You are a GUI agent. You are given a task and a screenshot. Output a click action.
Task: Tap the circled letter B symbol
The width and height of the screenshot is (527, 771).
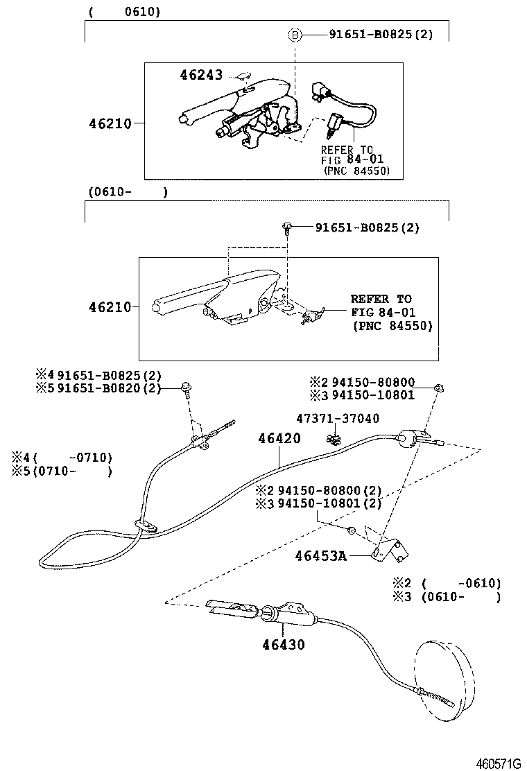click(295, 34)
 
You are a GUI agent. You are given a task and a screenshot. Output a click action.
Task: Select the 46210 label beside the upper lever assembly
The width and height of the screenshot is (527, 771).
click(110, 123)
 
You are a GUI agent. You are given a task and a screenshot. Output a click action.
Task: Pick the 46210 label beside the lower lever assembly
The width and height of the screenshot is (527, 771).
click(110, 306)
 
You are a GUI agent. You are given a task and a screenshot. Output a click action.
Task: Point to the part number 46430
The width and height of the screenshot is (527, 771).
click(283, 644)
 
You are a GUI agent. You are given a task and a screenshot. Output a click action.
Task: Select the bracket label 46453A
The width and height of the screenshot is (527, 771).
click(320, 555)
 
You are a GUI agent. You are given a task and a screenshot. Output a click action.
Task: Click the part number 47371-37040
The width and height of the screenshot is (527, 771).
click(338, 418)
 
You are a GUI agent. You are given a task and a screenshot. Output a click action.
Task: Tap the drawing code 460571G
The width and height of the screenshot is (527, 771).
click(497, 763)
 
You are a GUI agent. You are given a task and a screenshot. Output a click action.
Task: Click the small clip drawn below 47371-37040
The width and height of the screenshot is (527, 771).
click(333, 438)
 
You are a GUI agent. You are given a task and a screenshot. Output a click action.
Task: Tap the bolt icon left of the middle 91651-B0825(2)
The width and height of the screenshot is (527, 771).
click(286, 227)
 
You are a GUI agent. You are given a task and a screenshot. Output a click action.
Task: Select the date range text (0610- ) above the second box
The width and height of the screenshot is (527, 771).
click(128, 192)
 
